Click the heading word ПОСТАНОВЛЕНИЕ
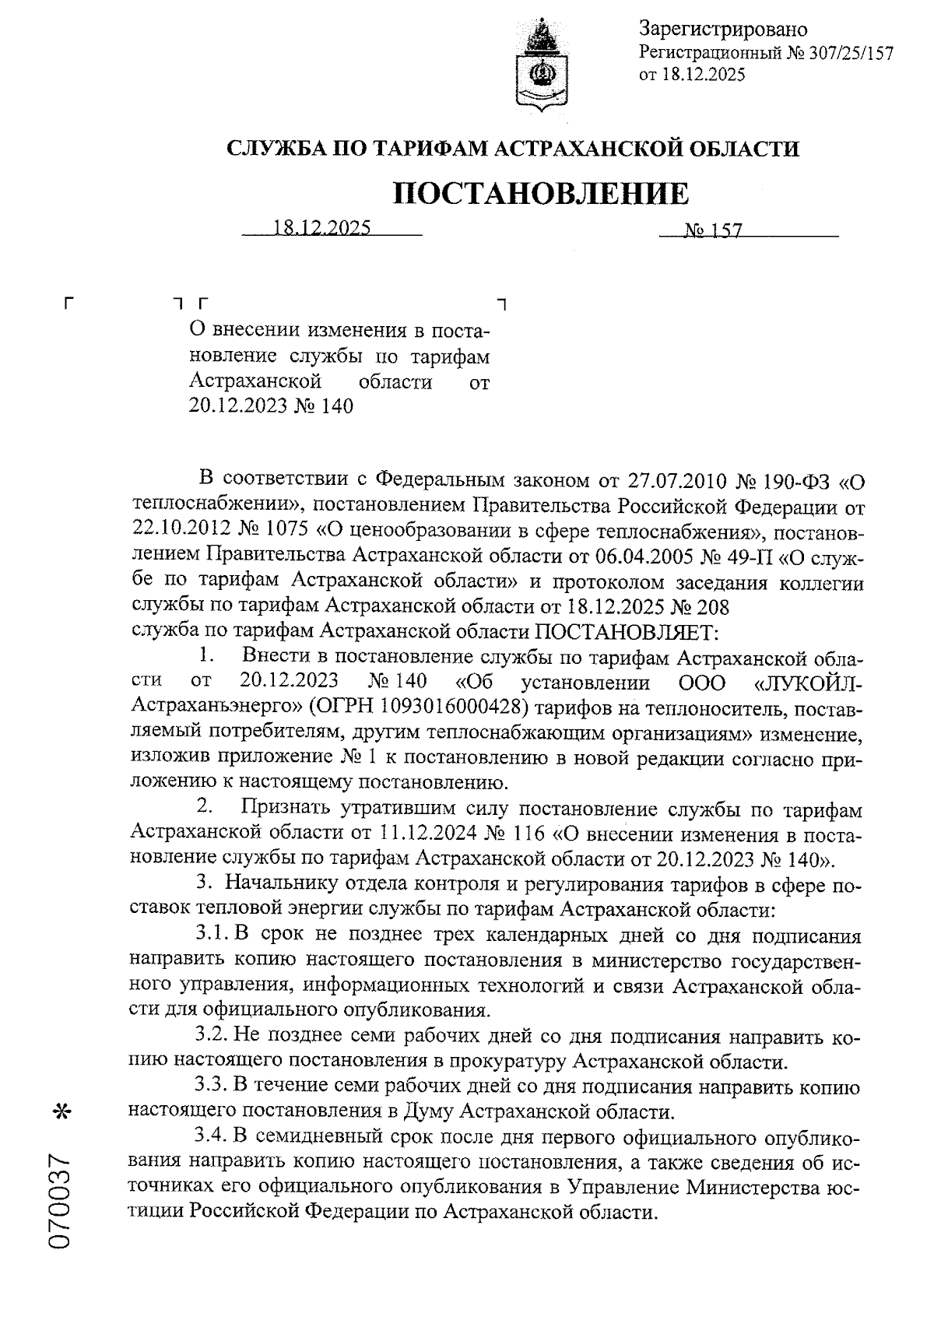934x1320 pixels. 541,193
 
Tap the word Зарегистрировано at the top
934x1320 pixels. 723,30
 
